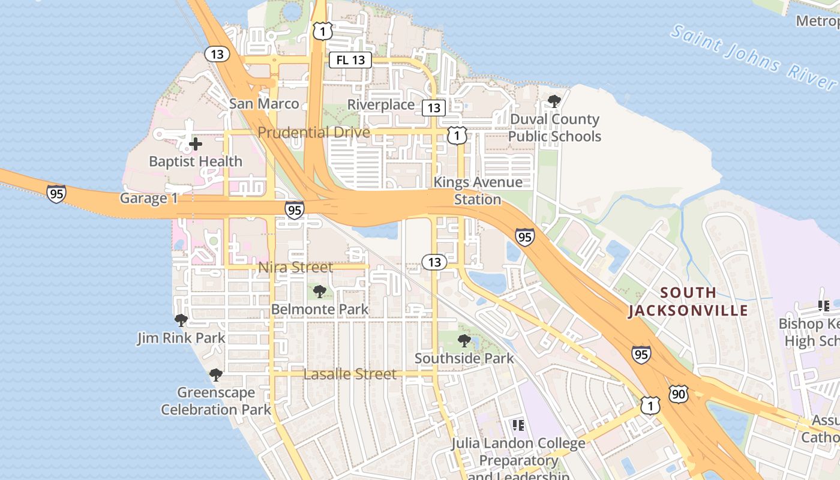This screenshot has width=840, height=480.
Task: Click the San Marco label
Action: (x=264, y=104)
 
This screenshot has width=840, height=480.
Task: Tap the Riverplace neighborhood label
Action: (x=381, y=105)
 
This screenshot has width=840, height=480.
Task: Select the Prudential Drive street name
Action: (x=314, y=132)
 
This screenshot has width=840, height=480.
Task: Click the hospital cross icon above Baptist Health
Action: (x=195, y=144)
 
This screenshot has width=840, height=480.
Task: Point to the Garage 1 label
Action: (x=149, y=199)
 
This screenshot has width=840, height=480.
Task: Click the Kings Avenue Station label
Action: (x=478, y=190)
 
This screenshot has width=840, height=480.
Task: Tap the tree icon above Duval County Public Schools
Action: (x=554, y=101)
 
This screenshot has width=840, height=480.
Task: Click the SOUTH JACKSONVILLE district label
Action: (x=688, y=301)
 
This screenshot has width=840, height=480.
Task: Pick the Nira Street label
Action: (x=295, y=268)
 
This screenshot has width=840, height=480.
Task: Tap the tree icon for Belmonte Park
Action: (x=320, y=292)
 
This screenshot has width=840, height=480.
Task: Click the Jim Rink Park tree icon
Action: (x=181, y=320)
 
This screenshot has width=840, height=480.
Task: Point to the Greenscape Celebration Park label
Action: (x=216, y=401)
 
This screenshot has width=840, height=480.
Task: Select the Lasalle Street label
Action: (x=350, y=374)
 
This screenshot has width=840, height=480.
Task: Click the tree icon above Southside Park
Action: (x=464, y=341)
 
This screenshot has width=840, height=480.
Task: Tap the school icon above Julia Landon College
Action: (x=518, y=425)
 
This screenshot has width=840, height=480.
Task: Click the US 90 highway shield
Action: (x=678, y=394)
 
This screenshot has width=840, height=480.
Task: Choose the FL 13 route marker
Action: (x=350, y=60)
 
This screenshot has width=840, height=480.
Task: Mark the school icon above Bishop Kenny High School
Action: (x=823, y=306)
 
